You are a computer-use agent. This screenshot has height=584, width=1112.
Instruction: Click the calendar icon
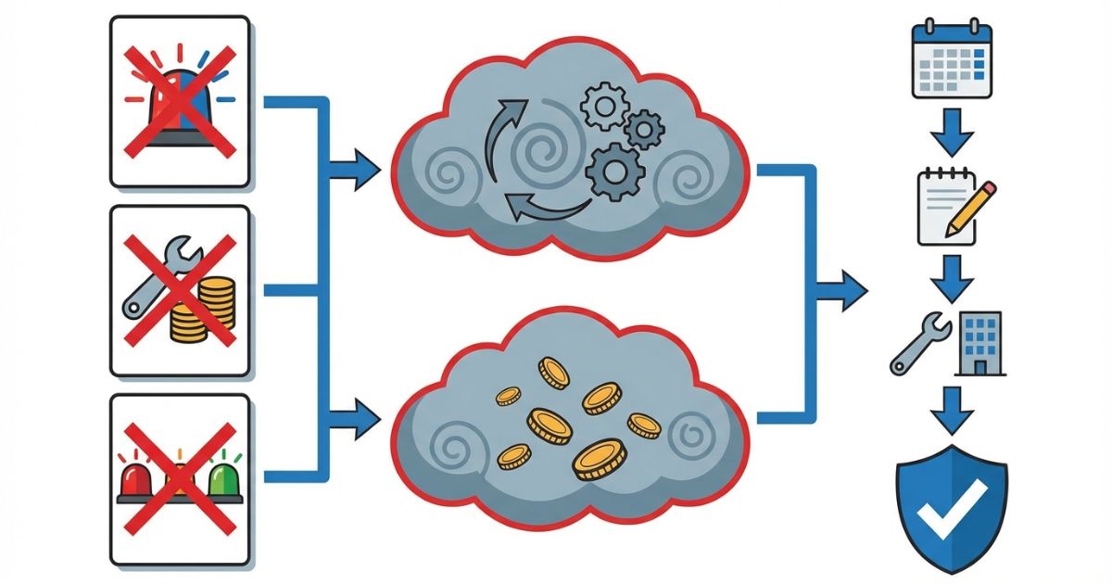click(952, 59)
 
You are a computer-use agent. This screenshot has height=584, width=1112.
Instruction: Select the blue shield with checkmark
click(951, 495)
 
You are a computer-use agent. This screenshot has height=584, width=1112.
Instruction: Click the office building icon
click(981, 343)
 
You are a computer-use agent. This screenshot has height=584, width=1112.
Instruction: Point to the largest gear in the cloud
click(613, 171)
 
